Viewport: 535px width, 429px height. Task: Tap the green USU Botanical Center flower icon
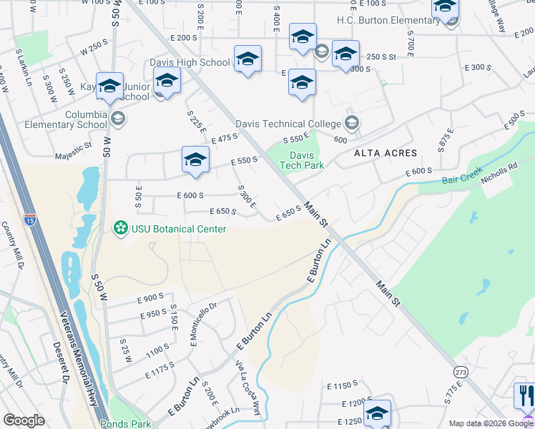pos(121,229)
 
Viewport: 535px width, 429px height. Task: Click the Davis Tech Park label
pos(306,160)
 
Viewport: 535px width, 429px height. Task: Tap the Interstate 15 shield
pos(30,216)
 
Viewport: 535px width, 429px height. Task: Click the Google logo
pos(24,420)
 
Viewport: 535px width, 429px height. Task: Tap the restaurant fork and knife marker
pos(524,395)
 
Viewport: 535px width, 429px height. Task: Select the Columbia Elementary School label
pos(86,119)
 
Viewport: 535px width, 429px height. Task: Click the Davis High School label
pos(190,62)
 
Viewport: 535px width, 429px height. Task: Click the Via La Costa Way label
pos(249,386)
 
